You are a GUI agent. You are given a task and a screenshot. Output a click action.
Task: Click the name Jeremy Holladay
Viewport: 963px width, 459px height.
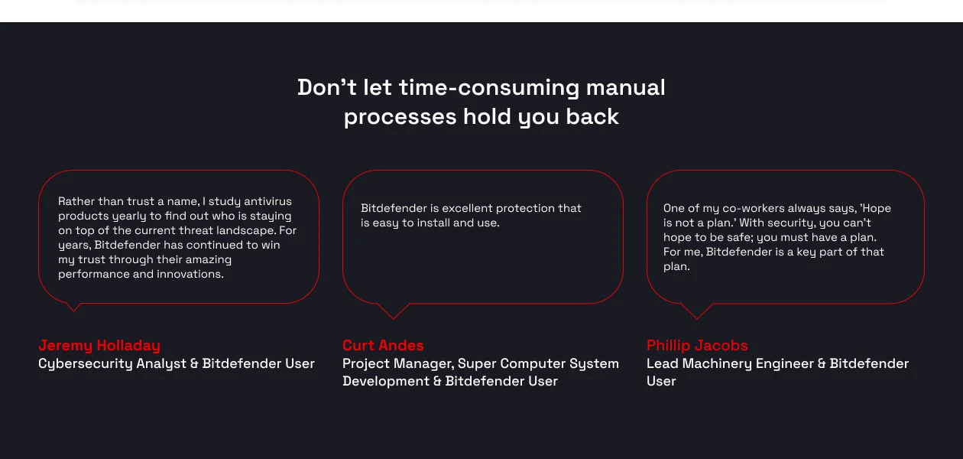tap(99, 345)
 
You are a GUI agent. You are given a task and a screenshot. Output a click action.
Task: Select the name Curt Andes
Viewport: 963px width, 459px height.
tap(383, 345)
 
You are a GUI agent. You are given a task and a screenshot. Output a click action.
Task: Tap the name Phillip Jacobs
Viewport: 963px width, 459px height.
tap(697, 345)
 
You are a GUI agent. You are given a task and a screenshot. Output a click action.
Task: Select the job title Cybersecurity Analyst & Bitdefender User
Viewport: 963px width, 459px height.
tap(177, 363)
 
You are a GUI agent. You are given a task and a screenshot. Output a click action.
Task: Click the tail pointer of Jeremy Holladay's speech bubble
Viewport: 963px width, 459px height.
tap(73, 307)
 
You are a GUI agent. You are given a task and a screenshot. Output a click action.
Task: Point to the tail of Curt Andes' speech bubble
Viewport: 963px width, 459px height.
tap(394, 311)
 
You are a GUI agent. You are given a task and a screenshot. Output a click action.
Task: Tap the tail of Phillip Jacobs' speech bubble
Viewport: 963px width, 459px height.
tap(696, 311)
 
